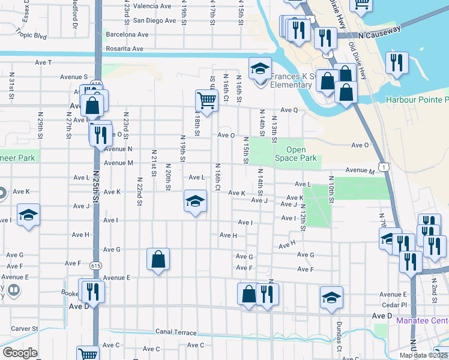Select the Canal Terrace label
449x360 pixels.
[176, 332]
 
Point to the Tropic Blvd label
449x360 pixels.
[32, 35]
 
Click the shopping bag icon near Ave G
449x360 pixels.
[158, 259]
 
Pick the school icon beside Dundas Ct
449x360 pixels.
[331, 298]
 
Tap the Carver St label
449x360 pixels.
[24, 329]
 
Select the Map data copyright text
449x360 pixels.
[423, 355]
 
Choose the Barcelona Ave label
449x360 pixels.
[127, 34]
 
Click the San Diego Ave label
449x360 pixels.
[154, 20]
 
